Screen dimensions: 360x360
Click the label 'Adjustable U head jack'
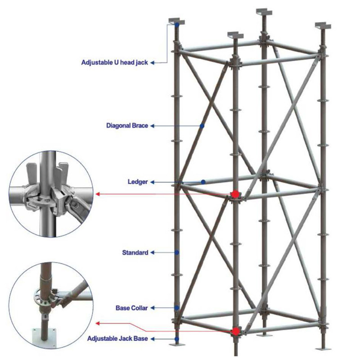pyautogui.click(x=115, y=63)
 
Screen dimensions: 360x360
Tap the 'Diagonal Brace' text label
pyautogui.click(x=127, y=126)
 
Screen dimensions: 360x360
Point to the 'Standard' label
pyautogui.click(x=135, y=252)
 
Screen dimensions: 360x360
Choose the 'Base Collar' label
pyautogui.click(x=131, y=308)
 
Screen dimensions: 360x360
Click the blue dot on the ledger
pyautogui.click(x=203, y=182)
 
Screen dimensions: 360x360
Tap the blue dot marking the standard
pyautogui.click(x=177, y=252)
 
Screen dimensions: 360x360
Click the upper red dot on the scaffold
pyautogui.click(x=234, y=194)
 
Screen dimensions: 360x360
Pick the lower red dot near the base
pyautogui.click(x=234, y=332)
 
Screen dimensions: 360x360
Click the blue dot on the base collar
pyautogui.click(x=177, y=308)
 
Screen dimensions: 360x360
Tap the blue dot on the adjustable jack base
pyautogui.click(x=177, y=338)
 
